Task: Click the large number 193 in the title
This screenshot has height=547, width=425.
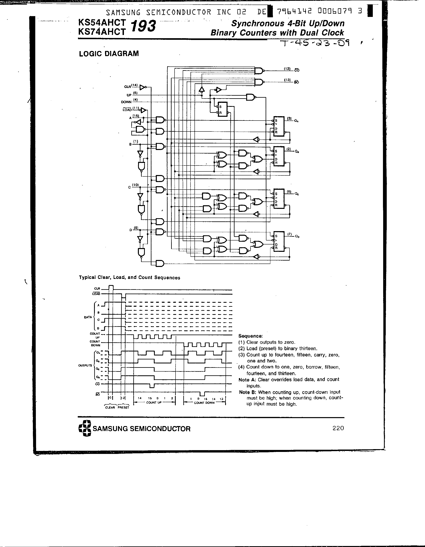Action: [x=143, y=26]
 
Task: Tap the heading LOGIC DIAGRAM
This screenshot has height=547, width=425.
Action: [x=109, y=54]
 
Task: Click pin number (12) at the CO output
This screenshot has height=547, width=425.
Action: [x=287, y=68]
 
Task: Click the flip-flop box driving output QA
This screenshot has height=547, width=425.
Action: [x=279, y=126]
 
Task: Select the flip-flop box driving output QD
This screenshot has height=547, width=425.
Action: [x=279, y=241]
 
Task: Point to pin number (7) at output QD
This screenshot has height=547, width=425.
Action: [x=290, y=234]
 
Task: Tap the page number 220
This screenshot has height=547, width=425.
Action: [x=338, y=428]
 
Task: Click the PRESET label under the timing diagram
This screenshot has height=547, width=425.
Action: [x=123, y=408]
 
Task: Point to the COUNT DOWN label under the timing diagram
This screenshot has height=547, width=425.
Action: [x=204, y=403]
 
